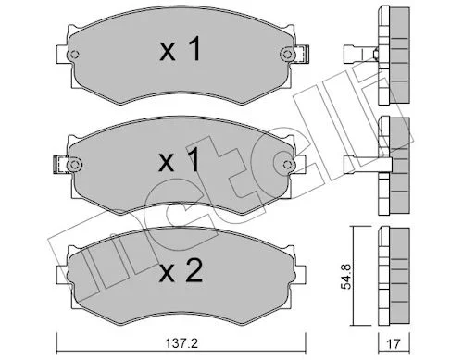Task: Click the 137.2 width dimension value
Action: (181, 343)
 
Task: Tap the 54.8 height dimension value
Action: (346, 277)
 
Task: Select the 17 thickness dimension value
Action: (394, 344)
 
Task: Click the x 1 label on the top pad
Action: (181, 49)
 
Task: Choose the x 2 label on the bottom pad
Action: (181, 270)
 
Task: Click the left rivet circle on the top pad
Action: (74, 55)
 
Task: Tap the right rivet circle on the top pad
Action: (287, 55)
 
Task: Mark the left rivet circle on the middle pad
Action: (74, 165)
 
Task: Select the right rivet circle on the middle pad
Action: (287, 165)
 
